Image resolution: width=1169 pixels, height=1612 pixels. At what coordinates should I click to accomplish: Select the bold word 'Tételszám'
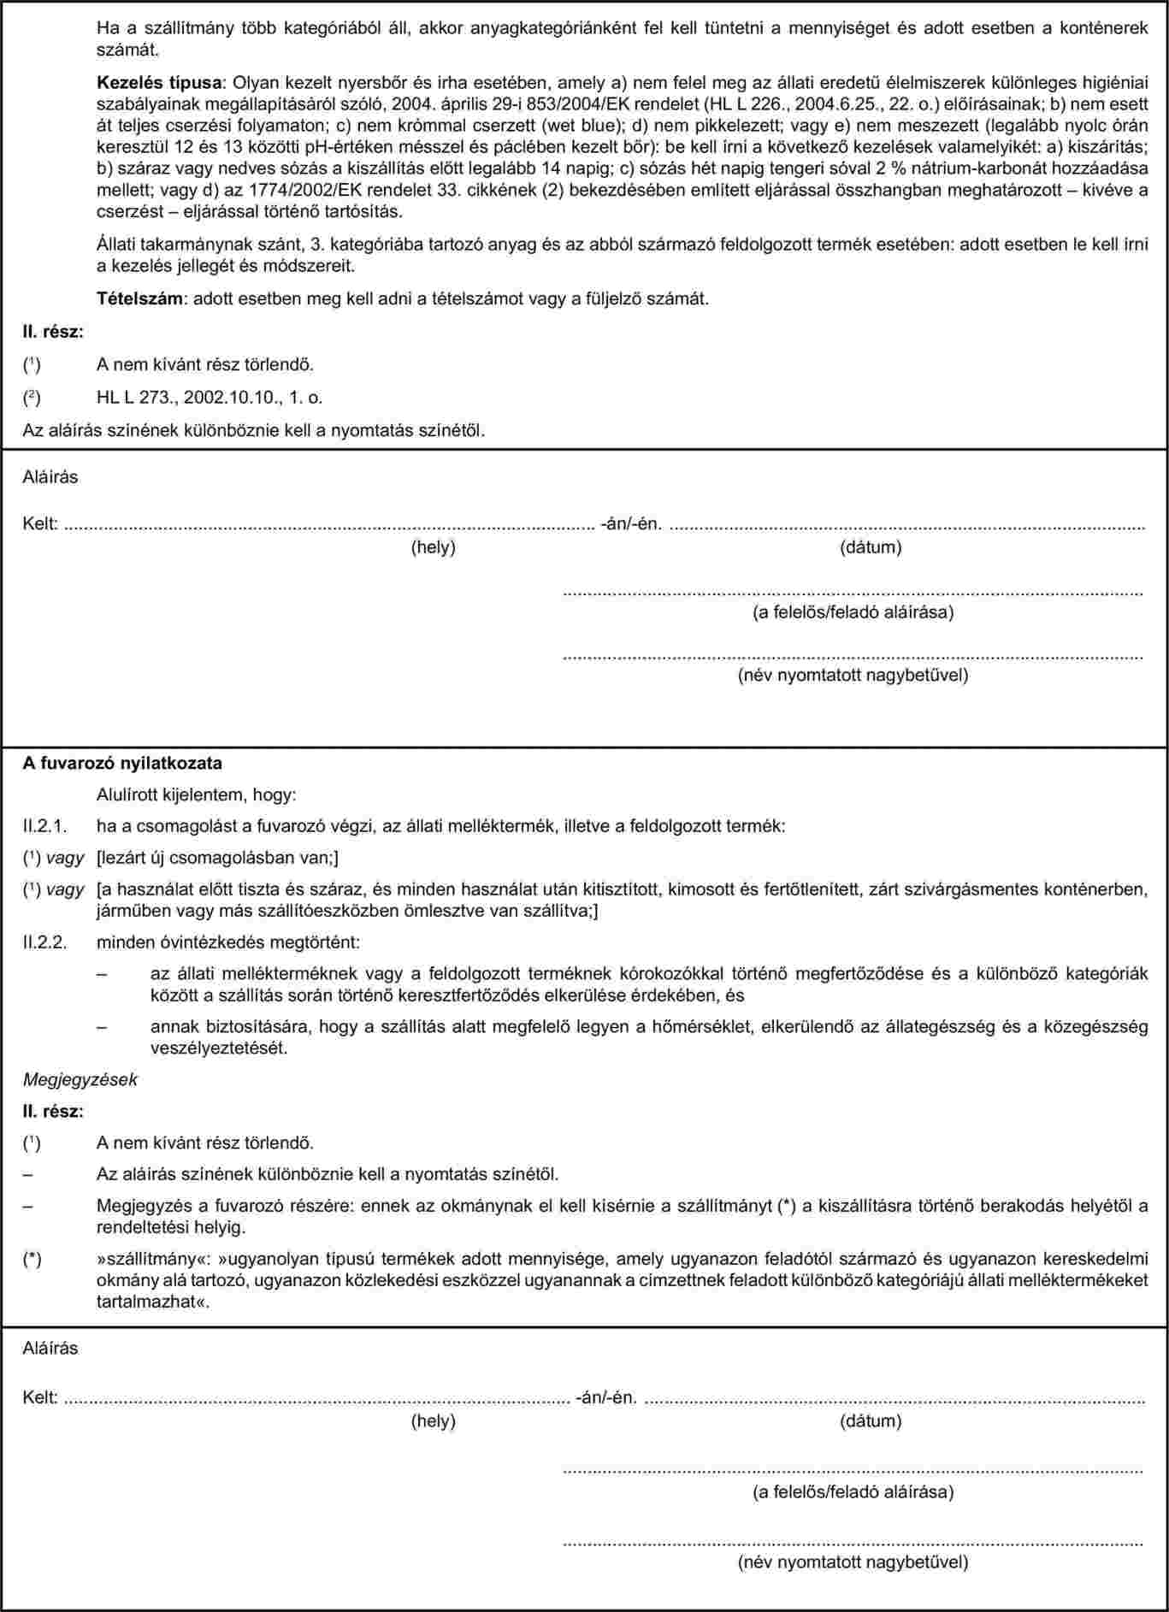133,299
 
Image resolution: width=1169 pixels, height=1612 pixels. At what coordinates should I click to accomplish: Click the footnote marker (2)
31,398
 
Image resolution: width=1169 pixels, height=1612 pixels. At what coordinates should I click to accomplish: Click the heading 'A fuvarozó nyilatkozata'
122,762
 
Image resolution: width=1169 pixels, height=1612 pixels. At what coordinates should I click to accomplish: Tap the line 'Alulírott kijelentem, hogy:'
197,795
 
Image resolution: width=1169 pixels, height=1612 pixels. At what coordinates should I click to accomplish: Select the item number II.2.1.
44,826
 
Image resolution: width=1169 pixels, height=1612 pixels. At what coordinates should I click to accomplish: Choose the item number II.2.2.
44,943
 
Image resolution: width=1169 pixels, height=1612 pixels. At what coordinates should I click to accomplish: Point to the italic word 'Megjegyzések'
80,1079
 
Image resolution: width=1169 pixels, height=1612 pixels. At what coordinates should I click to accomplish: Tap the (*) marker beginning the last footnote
32,1260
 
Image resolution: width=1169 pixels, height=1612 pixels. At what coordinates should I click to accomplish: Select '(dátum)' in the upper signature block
871,546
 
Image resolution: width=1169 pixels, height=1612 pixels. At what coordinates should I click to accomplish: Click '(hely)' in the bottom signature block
434,1421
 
